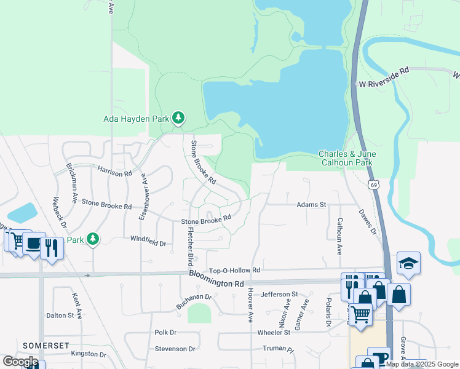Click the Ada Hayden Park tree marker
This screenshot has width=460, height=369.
(178, 117)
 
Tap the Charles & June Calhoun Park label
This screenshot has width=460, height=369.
(347, 158)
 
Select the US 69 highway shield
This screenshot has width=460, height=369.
(374, 184)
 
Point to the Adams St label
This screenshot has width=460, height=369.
(311, 204)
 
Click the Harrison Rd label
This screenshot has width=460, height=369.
(115, 170)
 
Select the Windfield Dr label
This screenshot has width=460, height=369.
(148, 242)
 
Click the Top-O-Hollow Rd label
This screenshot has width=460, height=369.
(235, 270)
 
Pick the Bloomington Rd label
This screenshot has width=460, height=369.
(216, 279)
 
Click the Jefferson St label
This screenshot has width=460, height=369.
(279, 295)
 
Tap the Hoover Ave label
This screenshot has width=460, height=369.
(250, 307)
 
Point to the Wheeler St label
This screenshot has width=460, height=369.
(274, 333)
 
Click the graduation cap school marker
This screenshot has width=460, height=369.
(408, 263)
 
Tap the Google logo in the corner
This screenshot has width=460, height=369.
(21, 361)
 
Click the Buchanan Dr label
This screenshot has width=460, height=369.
(193, 301)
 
